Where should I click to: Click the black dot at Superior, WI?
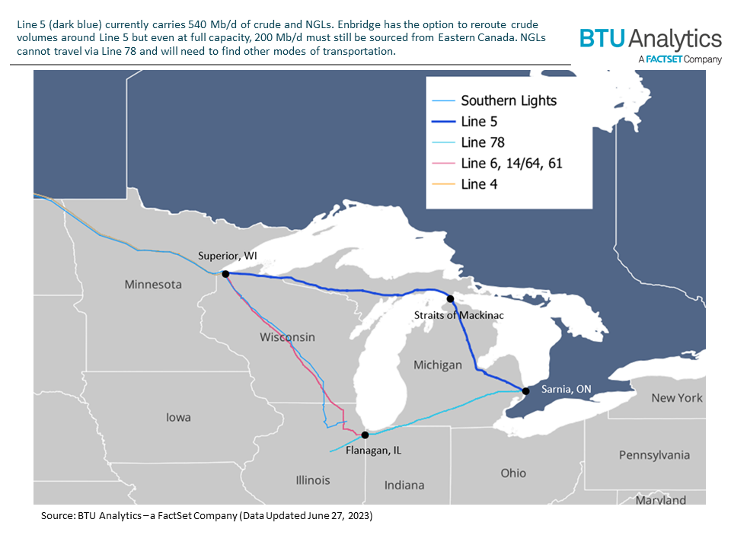click(x=225, y=273)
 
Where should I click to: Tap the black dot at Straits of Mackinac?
click(x=450, y=299)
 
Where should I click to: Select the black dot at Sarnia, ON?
click(x=525, y=391)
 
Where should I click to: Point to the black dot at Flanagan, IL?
click(x=365, y=435)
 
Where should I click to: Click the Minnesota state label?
click(x=153, y=285)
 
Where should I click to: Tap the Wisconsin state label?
click(x=287, y=336)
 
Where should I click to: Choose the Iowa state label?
click(x=178, y=417)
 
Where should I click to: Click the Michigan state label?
click(x=437, y=365)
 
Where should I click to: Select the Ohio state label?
click(x=513, y=473)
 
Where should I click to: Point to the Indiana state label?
click(x=404, y=485)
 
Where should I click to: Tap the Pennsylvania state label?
click(x=653, y=454)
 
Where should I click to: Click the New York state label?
click(x=677, y=397)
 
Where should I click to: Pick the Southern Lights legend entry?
click(x=509, y=100)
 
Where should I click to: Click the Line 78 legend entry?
click(x=483, y=142)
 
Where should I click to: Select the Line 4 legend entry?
click(x=479, y=183)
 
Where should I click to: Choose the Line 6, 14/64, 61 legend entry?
click(x=512, y=163)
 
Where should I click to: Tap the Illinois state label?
click(x=313, y=480)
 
